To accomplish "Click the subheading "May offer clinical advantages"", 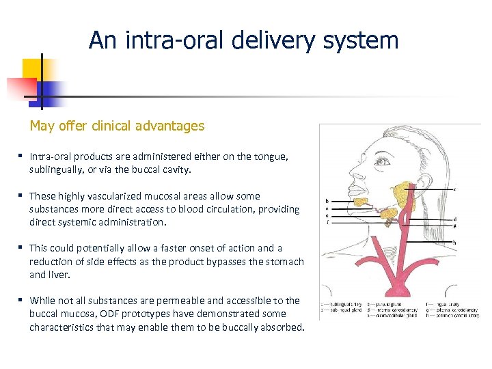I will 116,126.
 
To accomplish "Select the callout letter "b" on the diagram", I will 327,201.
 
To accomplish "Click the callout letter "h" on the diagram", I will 454,243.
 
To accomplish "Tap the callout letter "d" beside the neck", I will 454,219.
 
